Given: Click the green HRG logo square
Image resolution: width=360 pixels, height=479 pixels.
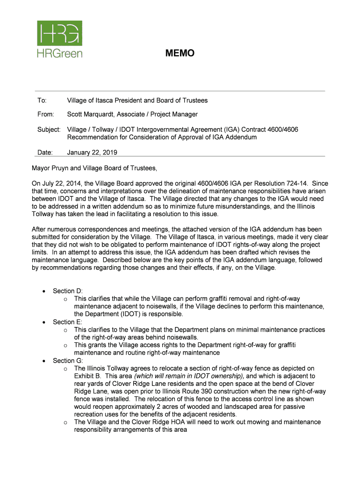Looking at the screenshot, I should pos(59,33).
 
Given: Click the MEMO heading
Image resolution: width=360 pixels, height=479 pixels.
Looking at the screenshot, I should pos(180,54).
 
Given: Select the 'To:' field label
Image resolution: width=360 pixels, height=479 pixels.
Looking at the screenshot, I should pos(42,101).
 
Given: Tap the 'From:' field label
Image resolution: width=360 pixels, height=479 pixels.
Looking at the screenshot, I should pos(46,115).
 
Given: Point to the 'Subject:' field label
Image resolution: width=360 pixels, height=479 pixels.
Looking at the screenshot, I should pos(49,129).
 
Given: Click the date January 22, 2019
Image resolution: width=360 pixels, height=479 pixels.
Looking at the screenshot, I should pos(92,152).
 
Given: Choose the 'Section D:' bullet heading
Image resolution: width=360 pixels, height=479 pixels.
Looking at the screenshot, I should pos(68,291).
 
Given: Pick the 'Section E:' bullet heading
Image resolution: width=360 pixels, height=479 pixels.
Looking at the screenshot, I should pos(68,322).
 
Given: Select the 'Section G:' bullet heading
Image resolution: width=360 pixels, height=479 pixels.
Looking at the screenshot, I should pos(68,361).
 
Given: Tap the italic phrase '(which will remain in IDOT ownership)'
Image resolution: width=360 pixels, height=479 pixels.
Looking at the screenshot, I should pos(189,376).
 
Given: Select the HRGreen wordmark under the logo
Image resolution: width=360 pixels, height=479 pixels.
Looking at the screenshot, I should pos(59,53).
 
